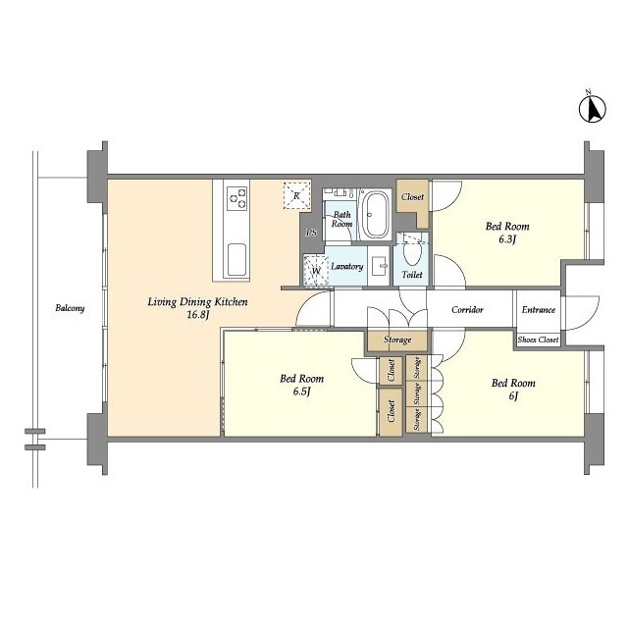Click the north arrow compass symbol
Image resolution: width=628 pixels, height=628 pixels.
click(x=593, y=109)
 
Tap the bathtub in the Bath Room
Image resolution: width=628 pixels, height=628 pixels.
click(x=376, y=215)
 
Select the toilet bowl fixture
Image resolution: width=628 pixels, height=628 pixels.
click(x=412, y=251)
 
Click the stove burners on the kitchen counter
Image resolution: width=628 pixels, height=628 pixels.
click(x=237, y=198)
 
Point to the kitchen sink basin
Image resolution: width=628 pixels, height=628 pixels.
click(x=236, y=259)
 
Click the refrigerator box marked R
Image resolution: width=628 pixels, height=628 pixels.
click(x=296, y=195)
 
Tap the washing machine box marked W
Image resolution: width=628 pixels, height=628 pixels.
click(x=316, y=271)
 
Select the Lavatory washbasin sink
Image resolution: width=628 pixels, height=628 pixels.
click(x=378, y=266)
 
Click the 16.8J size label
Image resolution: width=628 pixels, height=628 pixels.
click(x=198, y=315)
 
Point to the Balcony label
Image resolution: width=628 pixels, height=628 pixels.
click(x=70, y=308)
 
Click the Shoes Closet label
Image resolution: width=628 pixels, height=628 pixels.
click(x=538, y=340)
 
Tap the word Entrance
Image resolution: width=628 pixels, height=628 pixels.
click(x=539, y=310)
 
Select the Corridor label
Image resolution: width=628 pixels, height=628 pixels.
click(x=467, y=310)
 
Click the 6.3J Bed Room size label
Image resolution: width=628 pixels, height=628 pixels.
click(x=506, y=239)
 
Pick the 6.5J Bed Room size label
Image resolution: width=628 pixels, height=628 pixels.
click(x=302, y=392)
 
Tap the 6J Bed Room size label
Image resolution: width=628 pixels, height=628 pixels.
click(x=513, y=395)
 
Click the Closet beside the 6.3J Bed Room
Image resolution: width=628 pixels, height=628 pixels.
click(x=412, y=196)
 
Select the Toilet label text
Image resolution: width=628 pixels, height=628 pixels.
click(x=412, y=275)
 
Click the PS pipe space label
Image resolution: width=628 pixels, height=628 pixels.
click(x=311, y=233)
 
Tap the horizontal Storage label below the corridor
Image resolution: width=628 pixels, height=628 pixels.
click(x=397, y=340)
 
